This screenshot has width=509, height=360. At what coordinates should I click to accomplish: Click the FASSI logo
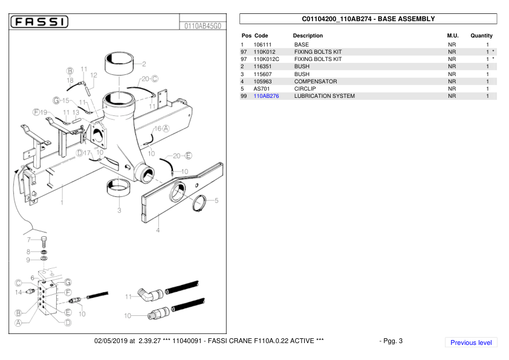[x=40, y=22]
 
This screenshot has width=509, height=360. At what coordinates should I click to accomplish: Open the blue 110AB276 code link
[x=266, y=96]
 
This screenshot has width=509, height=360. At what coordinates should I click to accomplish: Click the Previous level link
[x=471, y=342]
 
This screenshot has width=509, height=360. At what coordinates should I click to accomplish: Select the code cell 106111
[x=262, y=45]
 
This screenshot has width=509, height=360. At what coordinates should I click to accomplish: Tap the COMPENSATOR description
[x=316, y=82]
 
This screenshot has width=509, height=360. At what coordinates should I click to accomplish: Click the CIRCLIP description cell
[x=305, y=89]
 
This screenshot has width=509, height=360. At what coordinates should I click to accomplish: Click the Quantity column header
[x=481, y=36]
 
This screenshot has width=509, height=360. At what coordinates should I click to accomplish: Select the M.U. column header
[x=453, y=36]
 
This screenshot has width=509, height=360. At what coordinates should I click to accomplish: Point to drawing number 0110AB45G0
[x=203, y=26]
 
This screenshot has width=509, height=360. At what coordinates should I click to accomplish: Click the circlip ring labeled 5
[x=199, y=204]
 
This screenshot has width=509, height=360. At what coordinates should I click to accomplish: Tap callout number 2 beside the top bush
[x=144, y=64]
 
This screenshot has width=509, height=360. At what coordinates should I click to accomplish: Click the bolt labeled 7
[x=44, y=242]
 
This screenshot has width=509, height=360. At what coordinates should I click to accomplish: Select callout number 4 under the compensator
[x=158, y=230]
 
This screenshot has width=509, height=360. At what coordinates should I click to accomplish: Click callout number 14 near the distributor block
[x=18, y=292]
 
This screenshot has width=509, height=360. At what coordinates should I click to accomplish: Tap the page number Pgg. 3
[x=392, y=341]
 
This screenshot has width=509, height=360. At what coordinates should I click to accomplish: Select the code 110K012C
[x=266, y=59]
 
